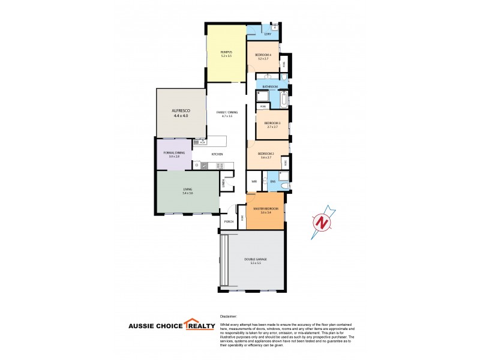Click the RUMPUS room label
226,53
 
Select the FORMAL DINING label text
174,153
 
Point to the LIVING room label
188,190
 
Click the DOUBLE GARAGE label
255,259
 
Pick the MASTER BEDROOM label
265,208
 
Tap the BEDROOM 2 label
266,154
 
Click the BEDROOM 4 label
263,55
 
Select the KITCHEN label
217,155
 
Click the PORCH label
228,221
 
